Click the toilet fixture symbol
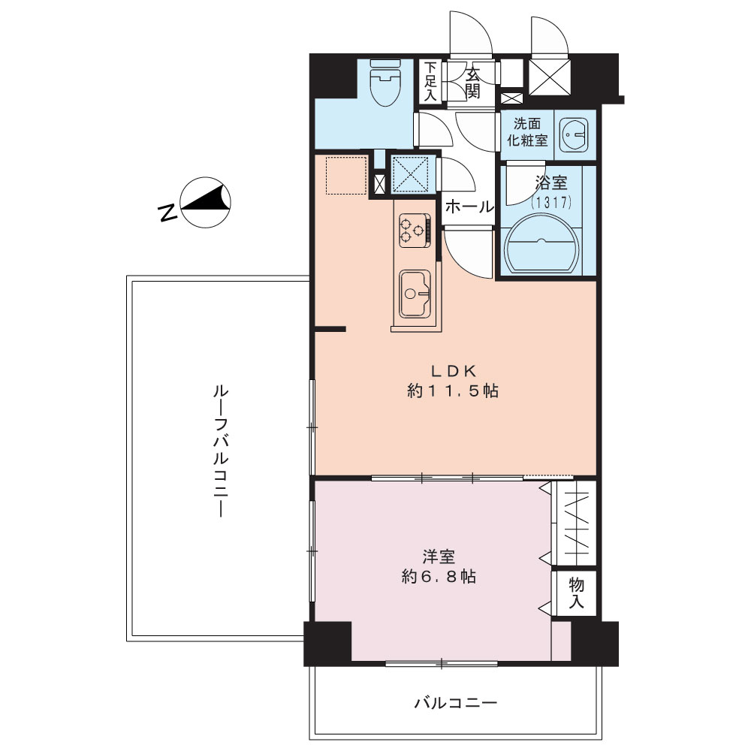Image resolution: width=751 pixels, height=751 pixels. pos(385,83)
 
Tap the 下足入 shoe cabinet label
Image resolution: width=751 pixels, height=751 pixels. pos(431,81)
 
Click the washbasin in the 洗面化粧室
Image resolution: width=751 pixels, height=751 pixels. pos(574,134)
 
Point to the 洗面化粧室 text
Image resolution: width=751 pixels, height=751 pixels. pos(527,131)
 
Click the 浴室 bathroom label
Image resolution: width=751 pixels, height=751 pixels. pos(551,182)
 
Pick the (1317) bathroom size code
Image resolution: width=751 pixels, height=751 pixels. pos(551,203)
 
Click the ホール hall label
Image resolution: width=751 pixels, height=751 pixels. pos(469,207)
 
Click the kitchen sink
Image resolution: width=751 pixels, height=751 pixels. pos(415,294)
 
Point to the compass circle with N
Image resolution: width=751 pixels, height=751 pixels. pos(206,202)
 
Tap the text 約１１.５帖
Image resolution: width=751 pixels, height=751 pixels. pos(453,391)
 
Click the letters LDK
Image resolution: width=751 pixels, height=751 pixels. pos(453,369)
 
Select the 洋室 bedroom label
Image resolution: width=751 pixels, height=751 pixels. pos(439,556)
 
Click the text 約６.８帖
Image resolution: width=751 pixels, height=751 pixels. pos(439,577)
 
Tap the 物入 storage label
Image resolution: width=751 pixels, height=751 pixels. pos(576,593)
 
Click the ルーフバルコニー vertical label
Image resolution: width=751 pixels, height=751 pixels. pos(220,451)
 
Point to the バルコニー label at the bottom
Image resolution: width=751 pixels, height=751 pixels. pos(456,703)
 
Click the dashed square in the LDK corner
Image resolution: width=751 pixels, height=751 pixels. pos(345,175)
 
